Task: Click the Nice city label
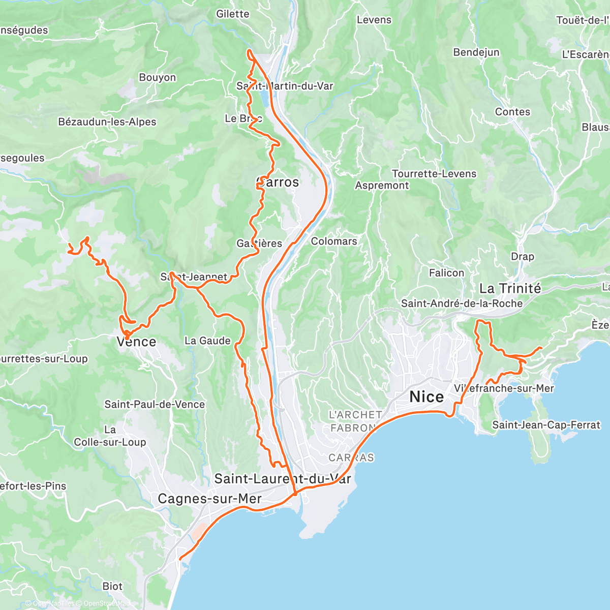pos(426,396)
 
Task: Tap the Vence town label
pos(136,342)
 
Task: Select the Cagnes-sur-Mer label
pos(209,499)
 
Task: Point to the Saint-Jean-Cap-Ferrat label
pos(546,425)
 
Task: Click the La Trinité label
pos(510,289)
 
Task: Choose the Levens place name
pos(374,20)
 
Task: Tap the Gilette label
pos(232,14)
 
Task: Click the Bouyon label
pos(157,77)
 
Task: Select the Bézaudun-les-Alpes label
pos(107,122)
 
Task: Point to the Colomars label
pos(333,241)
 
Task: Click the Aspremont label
pos(381,186)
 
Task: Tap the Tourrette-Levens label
pos(434,174)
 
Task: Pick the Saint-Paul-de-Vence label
pos(155,405)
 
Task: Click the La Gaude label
pos(207,341)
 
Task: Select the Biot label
pos(112,586)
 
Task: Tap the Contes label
pos(512,112)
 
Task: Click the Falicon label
pos(446,273)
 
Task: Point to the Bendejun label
pos(476,52)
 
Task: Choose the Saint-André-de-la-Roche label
pos(462,303)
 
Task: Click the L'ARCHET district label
pos(355,415)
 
